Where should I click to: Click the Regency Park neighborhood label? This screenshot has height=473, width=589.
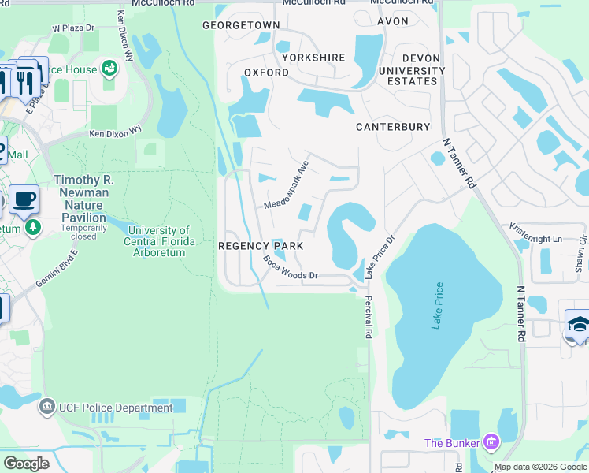pyautogui.click(x=261, y=247)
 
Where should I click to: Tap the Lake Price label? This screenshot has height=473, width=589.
pyautogui.click(x=437, y=307)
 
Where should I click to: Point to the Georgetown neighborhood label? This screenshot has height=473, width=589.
pyautogui.click(x=241, y=25)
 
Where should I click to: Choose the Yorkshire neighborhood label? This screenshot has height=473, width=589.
pyautogui.click(x=313, y=58)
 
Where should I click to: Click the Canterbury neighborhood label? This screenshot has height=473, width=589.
pyautogui.click(x=393, y=127)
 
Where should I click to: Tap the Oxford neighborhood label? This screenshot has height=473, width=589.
pyautogui.click(x=266, y=73)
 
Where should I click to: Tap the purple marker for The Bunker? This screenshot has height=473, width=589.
pyautogui.click(x=492, y=442)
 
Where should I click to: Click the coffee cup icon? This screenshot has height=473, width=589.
pyautogui.click(x=24, y=199)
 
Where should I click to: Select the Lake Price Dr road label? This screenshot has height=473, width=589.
pyautogui.click(x=380, y=256)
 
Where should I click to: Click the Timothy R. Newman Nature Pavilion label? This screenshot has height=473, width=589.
pyautogui.click(x=83, y=199)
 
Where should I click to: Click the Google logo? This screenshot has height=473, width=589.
pyautogui.click(x=26, y=463)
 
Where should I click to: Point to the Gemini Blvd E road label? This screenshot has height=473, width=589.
pyautogui.click(x=57, y=270)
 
